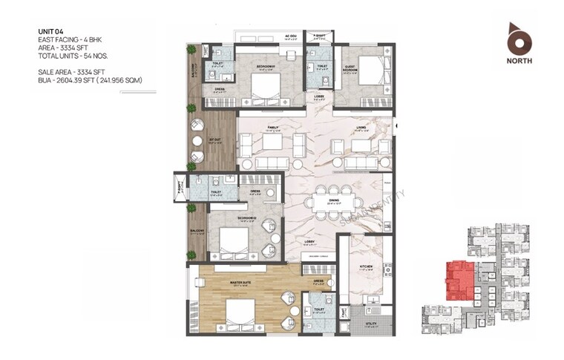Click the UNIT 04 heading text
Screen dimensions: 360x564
51,30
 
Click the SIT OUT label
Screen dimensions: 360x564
213,140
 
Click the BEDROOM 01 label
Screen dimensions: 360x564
266,66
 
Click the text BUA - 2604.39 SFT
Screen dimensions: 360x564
89,79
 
